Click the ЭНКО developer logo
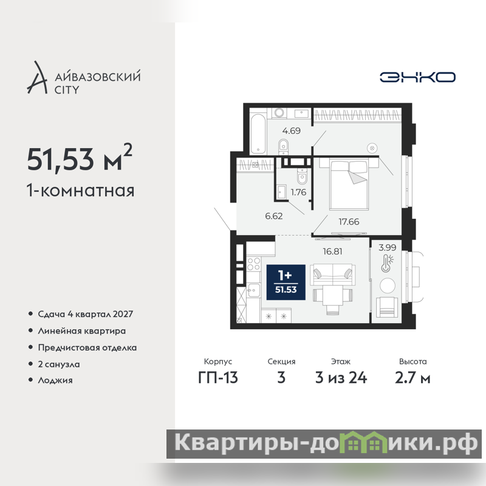coord(417,77)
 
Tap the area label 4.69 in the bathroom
coord(292,131)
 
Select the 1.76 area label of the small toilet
coord(298,192)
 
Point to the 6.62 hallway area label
coord(274,216)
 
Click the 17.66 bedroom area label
coord(349,222)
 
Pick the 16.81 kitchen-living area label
coord(332,252)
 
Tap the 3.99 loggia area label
coord(387,247)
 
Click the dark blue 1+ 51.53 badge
coord(286,282)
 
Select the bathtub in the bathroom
coord(258,134)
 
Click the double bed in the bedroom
coord(349,184)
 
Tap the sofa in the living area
coord(332,275)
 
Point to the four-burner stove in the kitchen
coord(253,264)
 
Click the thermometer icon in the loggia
coord(386,264)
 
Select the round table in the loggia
coord(388,286)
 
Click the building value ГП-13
coord(218,378)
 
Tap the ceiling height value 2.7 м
coord(412,378)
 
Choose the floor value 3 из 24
coord(341,378)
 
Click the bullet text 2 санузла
coord(59,364)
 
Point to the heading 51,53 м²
coord(80,158)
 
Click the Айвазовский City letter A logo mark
coord(38,77)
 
